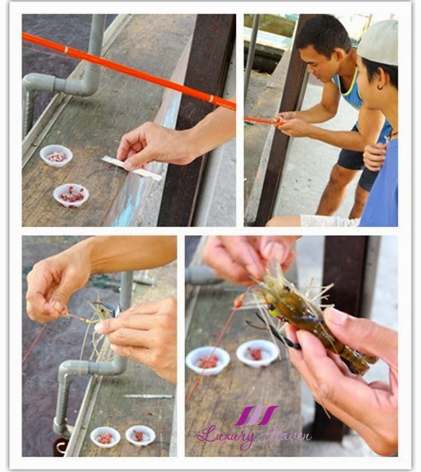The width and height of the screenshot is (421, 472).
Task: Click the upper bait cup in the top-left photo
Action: point(56,155)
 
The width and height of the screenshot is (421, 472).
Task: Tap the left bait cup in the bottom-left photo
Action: point(105,436)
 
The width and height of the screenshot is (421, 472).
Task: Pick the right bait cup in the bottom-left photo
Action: point(140,434)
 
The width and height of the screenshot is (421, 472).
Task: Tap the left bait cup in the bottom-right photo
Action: point(208,360)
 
